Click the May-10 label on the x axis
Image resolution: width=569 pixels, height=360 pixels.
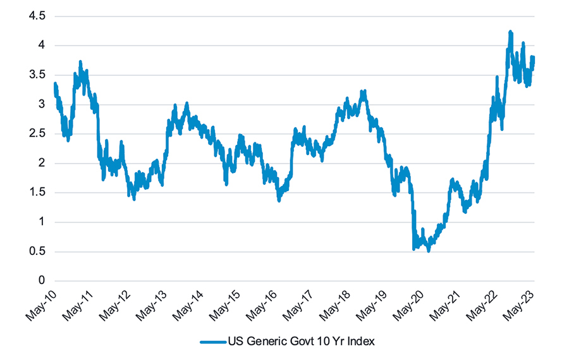point(41,302)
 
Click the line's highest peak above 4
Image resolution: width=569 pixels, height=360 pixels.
point(510,32)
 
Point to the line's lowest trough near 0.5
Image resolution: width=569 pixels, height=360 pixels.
point(429,251)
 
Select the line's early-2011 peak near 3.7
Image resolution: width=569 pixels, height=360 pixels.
point(80,62)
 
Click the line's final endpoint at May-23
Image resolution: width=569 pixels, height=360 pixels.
point(533,58)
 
